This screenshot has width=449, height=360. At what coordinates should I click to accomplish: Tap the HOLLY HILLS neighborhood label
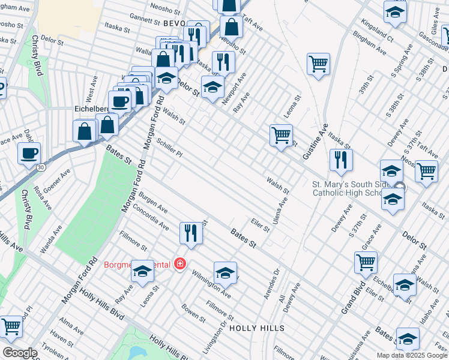pos(256,328)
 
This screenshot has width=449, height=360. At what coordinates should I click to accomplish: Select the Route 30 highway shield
pos(40,167)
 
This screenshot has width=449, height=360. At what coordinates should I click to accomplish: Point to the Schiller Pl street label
pos(169,146)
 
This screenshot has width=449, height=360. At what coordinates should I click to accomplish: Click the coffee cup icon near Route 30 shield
pos(29,154)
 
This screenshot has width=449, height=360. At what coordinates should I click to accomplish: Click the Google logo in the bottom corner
pos(20,353)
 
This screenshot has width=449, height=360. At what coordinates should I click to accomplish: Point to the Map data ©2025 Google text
pos(412,355)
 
